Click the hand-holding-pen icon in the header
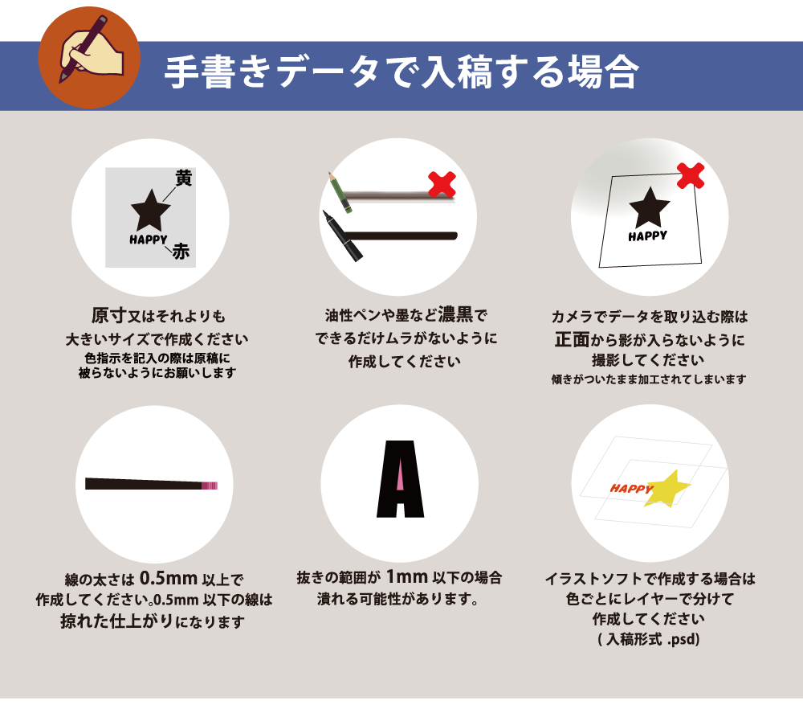(90, 50)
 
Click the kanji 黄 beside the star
(183, 178)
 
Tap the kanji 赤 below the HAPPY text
(181, 252)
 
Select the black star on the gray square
(151, 210)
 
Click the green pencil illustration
(340, 193)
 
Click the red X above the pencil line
(442, 185)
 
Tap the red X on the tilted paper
(691, 175)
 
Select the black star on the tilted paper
(650, 207)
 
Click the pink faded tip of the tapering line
(210, 486)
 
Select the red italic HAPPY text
(631, 489)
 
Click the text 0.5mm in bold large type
(169, 578)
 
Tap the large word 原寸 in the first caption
(109, 315)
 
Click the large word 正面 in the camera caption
(572, 339)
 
